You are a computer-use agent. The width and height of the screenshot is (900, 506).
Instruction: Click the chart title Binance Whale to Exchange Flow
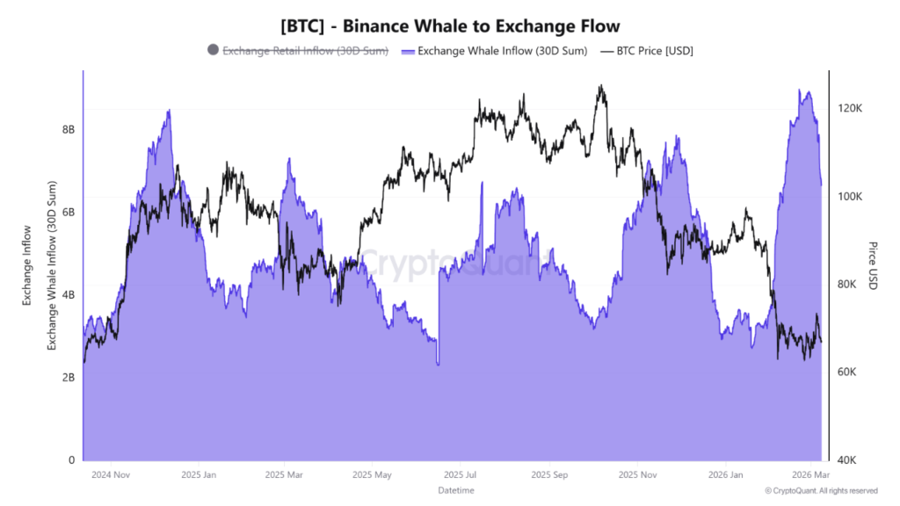click(x=450, y=26)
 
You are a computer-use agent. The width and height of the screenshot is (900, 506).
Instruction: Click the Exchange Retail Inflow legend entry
click(x=305, y=51)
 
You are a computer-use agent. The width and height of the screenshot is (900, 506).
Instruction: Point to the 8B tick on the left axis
click(x=69, y=130)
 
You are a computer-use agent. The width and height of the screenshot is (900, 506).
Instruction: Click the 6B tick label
click(x=69, y=213)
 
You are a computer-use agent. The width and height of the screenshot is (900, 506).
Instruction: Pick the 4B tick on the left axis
click(x=69, y=295)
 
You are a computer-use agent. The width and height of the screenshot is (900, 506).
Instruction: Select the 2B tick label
click(x=69, y=378)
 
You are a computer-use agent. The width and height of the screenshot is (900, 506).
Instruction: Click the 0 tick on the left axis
click(x=71, y=460)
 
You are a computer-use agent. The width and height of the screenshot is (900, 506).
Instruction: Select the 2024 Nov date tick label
click(x=112, y=474)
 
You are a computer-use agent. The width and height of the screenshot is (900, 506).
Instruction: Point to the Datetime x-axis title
click(x=455, y=490)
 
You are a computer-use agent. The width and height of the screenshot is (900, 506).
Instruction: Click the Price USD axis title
click(x=873, y=265)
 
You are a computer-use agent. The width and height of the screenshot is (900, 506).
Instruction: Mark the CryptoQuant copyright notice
click(x=821, y=491)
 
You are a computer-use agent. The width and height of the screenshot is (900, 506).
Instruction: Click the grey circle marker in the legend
click(x=213, y=50)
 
